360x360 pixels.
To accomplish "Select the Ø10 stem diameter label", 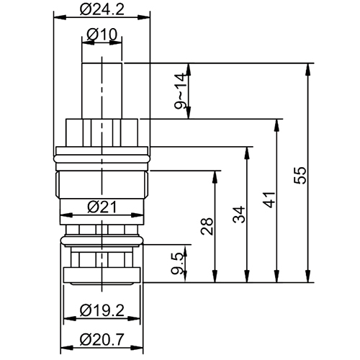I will (x=103, y=34).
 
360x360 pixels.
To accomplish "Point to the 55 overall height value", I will (x=302, y=174).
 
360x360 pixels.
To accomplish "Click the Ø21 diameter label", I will (x=103, y=207).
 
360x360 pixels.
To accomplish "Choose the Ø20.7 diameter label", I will (x=102, y=338).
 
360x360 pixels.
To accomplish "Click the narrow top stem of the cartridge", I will (x=104, y=86).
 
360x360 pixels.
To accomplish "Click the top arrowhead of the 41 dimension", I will (x=276, y=123).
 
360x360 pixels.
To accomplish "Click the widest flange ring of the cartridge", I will (x=103, y=153).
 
